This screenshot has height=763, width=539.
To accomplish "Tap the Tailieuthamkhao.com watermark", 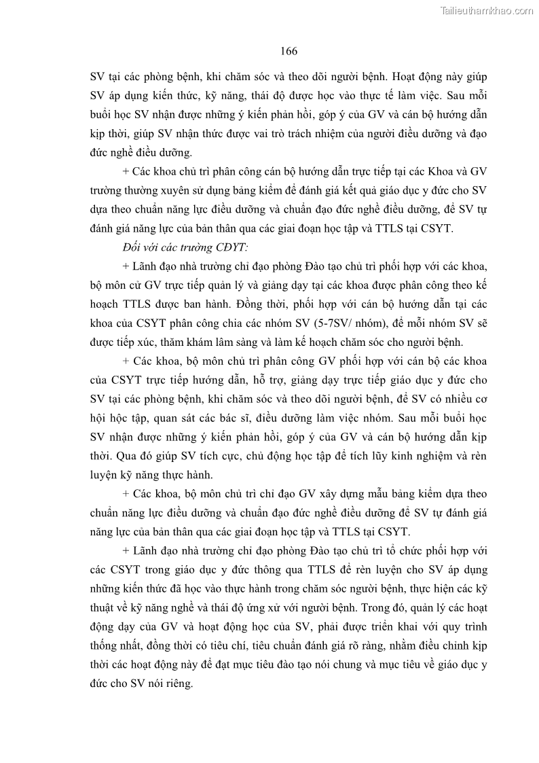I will point(487,10).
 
